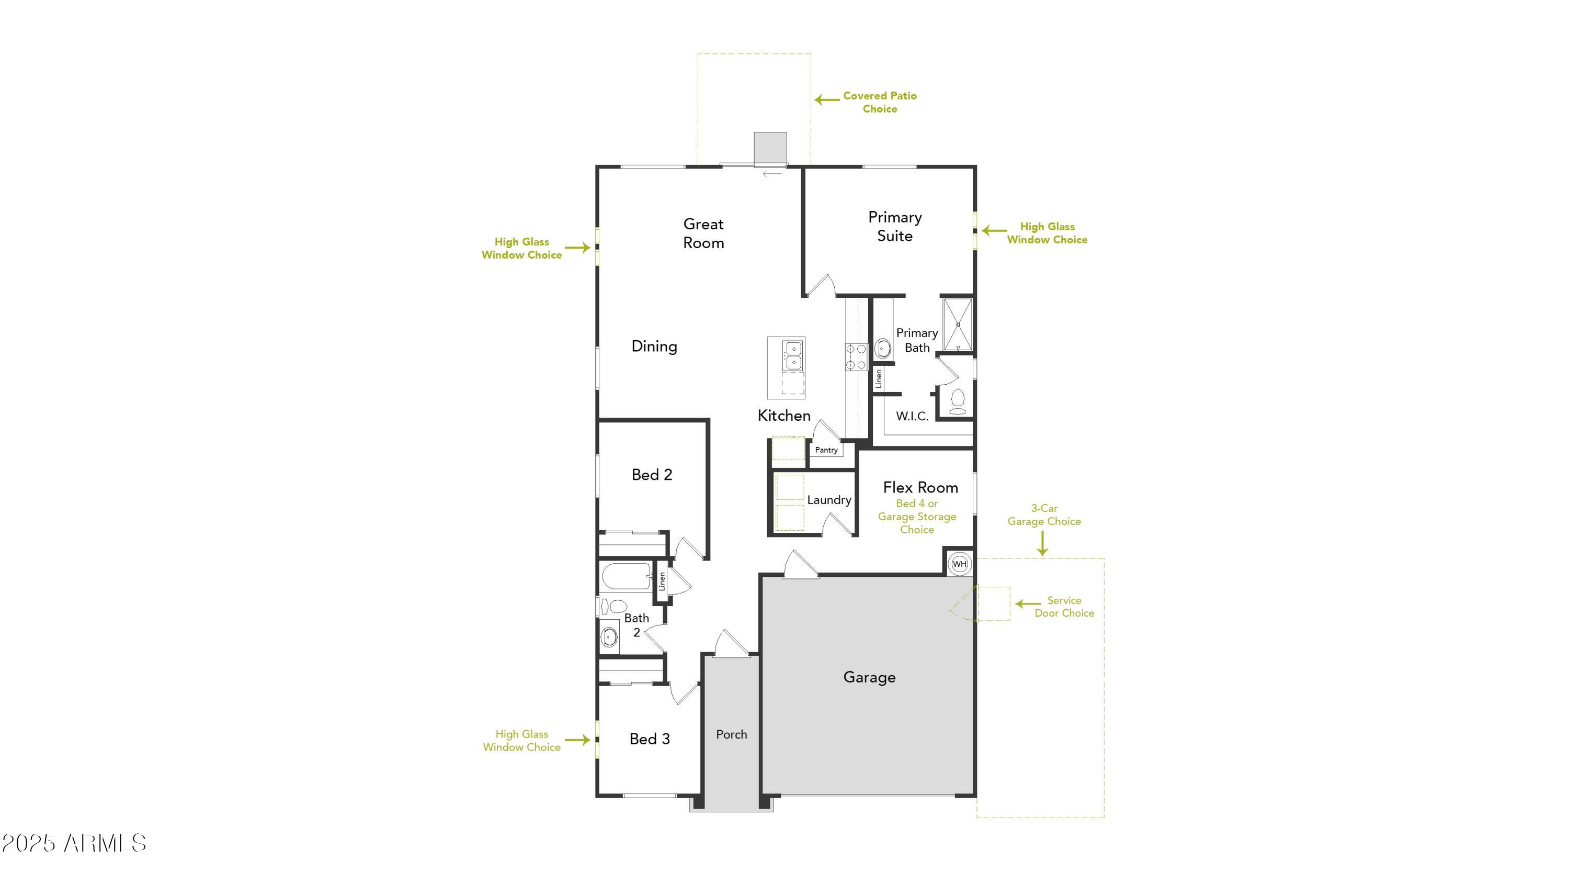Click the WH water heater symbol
959,564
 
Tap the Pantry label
826,450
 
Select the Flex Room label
920,487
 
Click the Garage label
869,677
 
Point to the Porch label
731,734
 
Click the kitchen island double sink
792,355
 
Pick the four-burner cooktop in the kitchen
856,356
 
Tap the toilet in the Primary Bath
957,401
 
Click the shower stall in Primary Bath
958,324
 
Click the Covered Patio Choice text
879,102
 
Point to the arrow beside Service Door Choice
1028,604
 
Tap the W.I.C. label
912,416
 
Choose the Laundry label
828,500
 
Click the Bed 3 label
649,739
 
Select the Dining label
654,346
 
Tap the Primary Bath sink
882,349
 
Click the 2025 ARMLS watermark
74,843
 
